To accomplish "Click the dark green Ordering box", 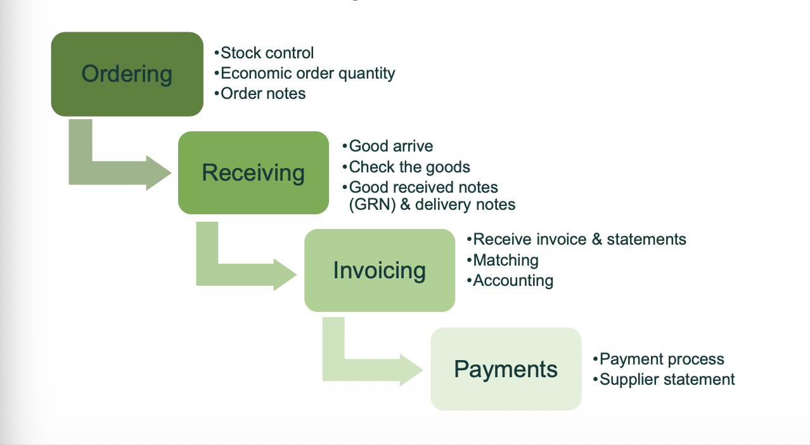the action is click(x=127, y=74).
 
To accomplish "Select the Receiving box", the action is click(x=253, y=172).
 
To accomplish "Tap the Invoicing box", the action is click(x=379, y=270).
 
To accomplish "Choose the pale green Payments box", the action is click(x=506, y=369).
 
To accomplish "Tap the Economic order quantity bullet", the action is click(x=304, y=74).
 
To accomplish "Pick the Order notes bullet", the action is click(x=260, y=93).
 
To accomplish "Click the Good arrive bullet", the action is click(x=388, y=146).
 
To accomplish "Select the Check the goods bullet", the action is click(x=406, y=167).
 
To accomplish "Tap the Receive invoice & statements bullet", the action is click(x=576, y=239).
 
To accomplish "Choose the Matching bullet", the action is click(x=503, y=260).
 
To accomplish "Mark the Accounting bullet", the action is click(x=510, y=281).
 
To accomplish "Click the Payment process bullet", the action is click(x=659, y=359).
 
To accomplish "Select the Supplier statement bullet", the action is click(x=664, y=380).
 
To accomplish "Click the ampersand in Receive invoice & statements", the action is click(x=597, y=239).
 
